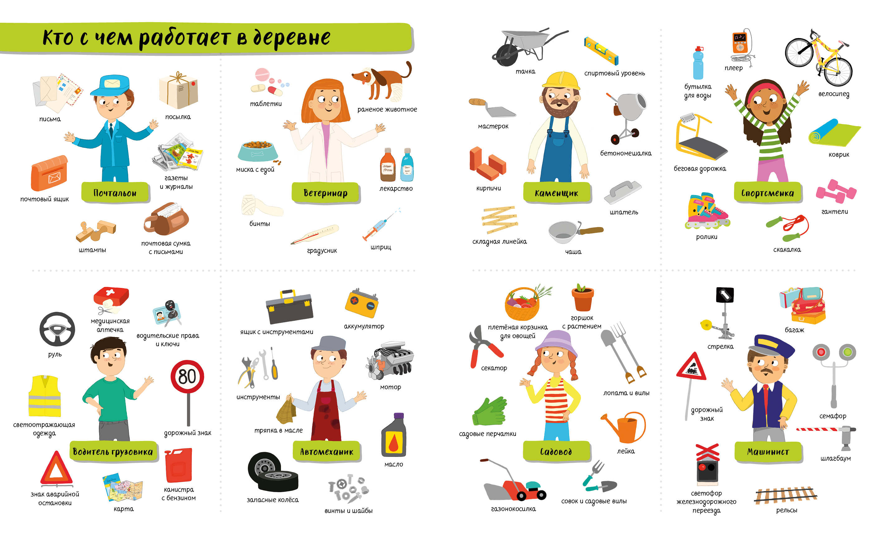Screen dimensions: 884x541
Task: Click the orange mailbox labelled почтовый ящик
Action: [49, 173]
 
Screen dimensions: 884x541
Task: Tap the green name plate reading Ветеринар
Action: [326, 193]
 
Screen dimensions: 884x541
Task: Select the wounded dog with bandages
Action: [381, 82]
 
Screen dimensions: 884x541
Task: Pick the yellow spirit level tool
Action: [601, 51]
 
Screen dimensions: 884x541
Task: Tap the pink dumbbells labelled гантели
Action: [836, 191]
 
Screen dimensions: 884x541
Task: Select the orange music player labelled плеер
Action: [739, 43]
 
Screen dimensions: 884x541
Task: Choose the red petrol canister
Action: [178, 465]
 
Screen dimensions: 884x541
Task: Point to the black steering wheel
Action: [57, 329]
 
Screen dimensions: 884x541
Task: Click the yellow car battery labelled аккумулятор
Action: [362, 303]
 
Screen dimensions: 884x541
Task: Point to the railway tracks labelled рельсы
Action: [786, 495]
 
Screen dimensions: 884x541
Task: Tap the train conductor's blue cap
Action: [771, 346]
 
